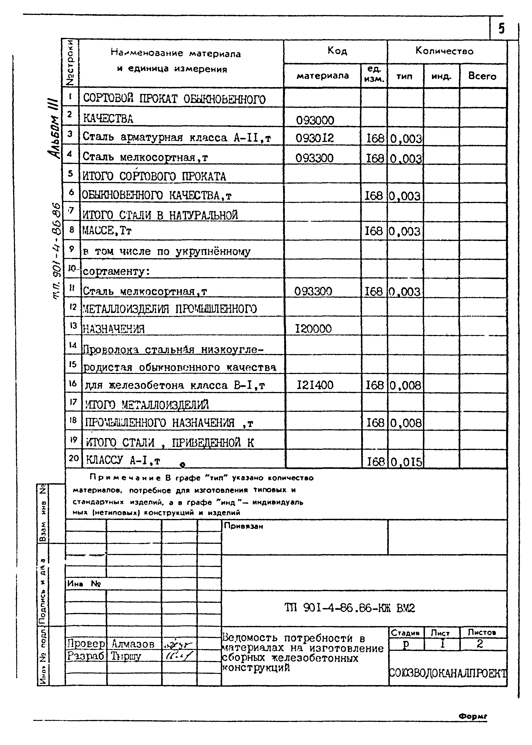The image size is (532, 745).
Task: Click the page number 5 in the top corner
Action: (501, 29)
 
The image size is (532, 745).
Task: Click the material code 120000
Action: (313, 328)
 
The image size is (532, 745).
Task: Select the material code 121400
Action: (315, 385)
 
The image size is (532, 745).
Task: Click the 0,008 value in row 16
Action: (406, 385)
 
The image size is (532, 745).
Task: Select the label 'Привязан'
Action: (243, 526)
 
